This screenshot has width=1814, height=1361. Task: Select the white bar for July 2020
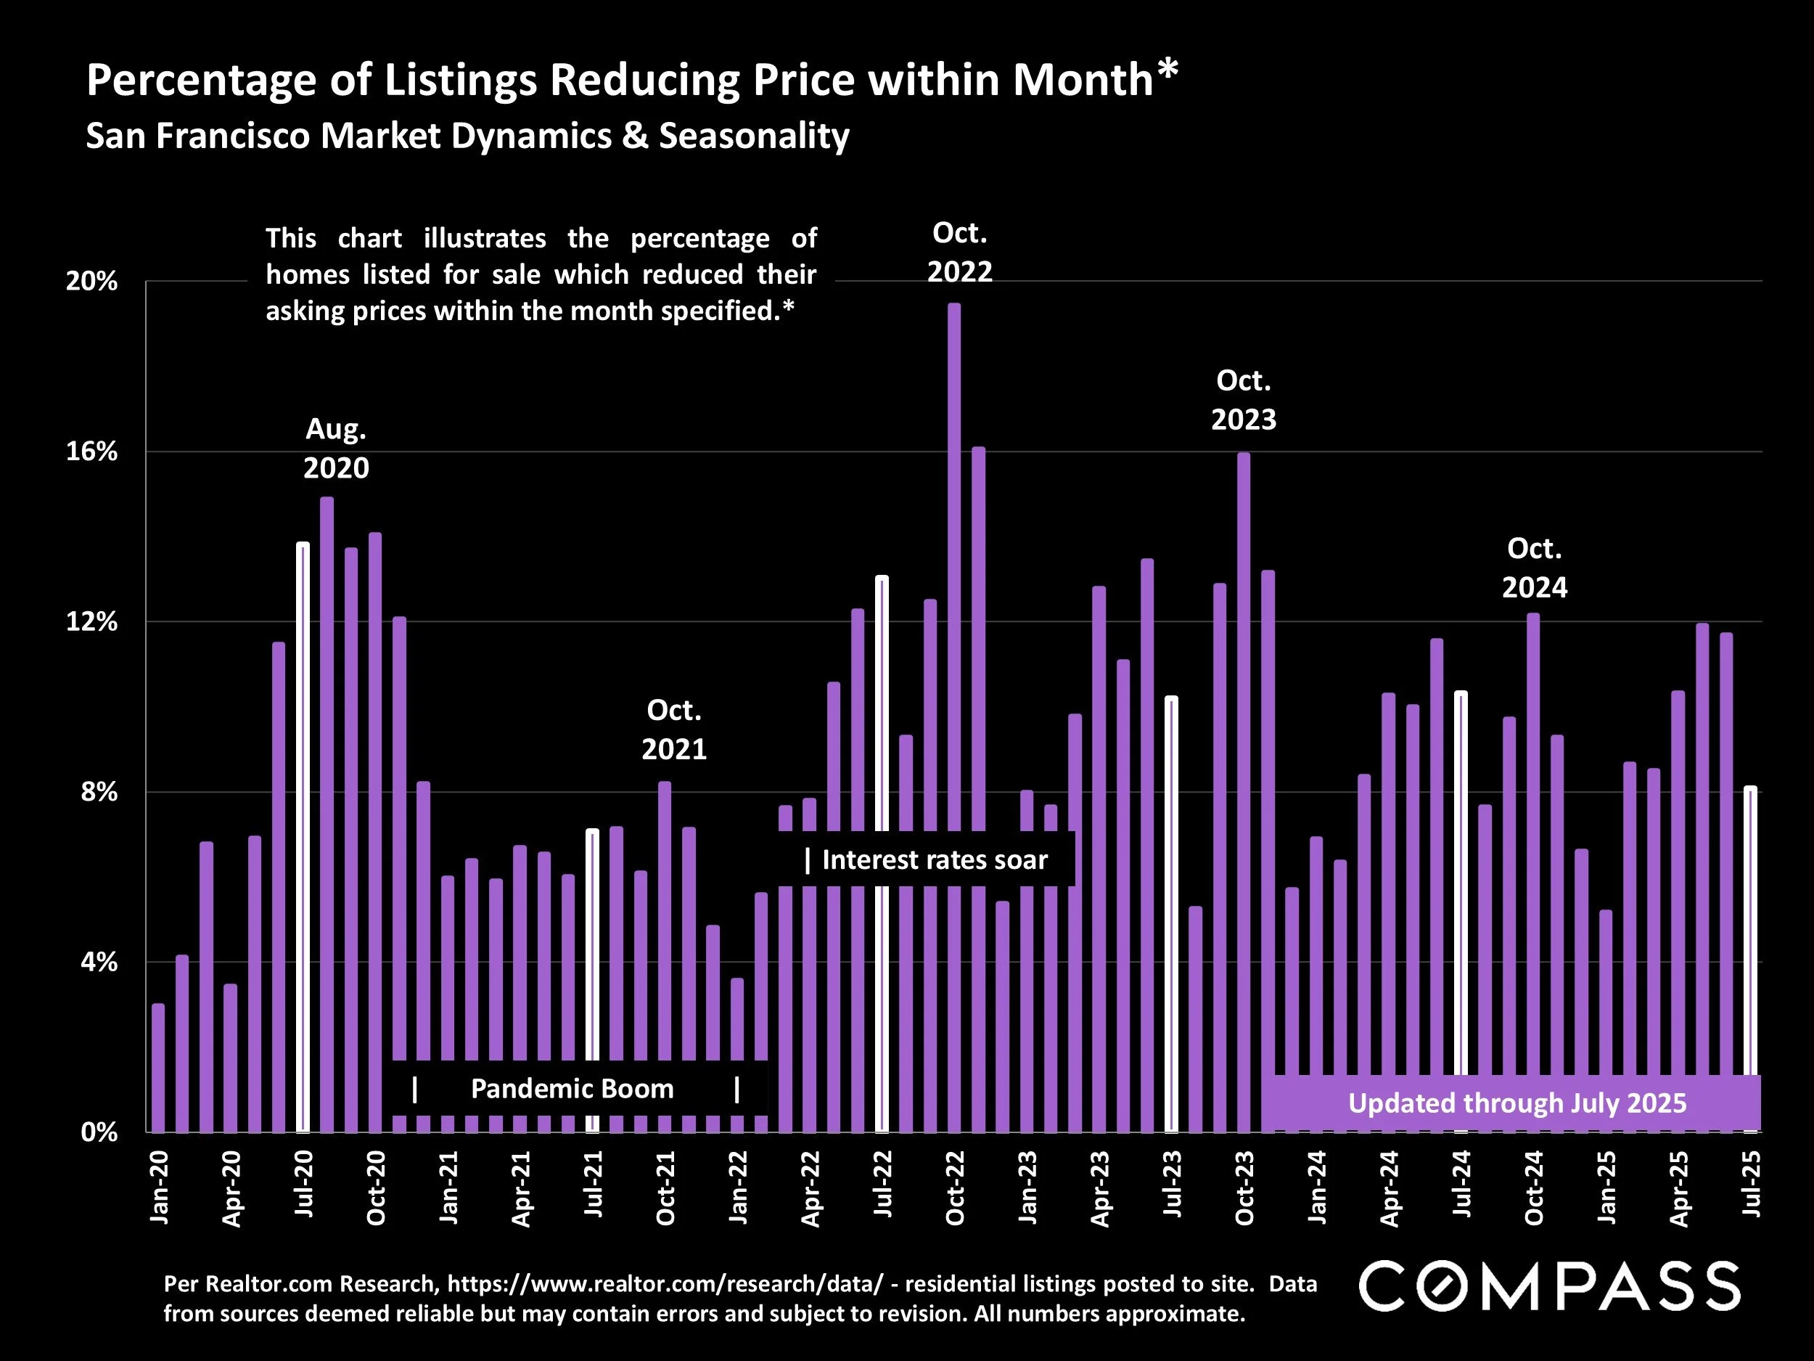tap(303, 837)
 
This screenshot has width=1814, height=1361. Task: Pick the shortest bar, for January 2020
tap(158, 1066)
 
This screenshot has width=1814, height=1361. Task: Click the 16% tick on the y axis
tap(92, 452)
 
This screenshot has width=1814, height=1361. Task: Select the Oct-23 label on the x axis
tap(1244, 1187)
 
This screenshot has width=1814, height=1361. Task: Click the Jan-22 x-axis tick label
tap(738, 1187)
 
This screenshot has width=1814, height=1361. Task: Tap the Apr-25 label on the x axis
tap(1679, 1187)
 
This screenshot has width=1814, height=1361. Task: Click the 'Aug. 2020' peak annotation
tap(336, 448)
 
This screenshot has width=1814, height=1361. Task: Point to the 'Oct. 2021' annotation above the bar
tap(674, 729)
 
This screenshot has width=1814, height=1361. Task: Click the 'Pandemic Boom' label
tap(572, 1089)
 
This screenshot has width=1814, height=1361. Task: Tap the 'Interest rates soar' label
tap(934, 859)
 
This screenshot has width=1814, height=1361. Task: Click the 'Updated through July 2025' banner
tap(1517, 1103)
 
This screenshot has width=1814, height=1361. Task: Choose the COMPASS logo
tap(1550, 1286)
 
